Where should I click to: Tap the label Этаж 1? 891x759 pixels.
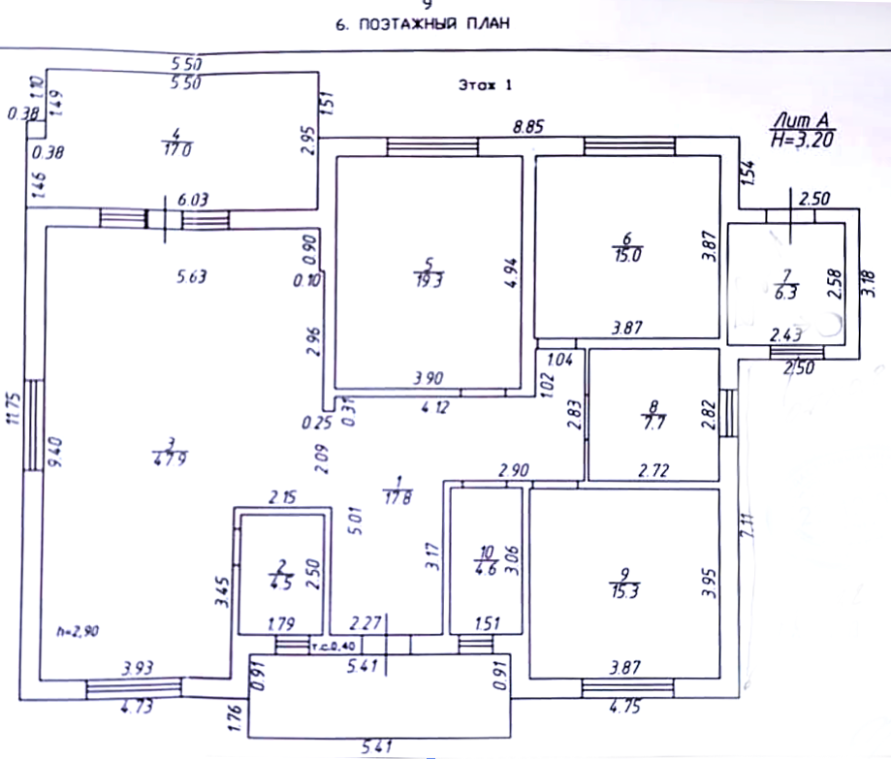[484, 85]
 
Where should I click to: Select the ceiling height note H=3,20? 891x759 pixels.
[802, 139]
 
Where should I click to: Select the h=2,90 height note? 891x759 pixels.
[78, 631]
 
